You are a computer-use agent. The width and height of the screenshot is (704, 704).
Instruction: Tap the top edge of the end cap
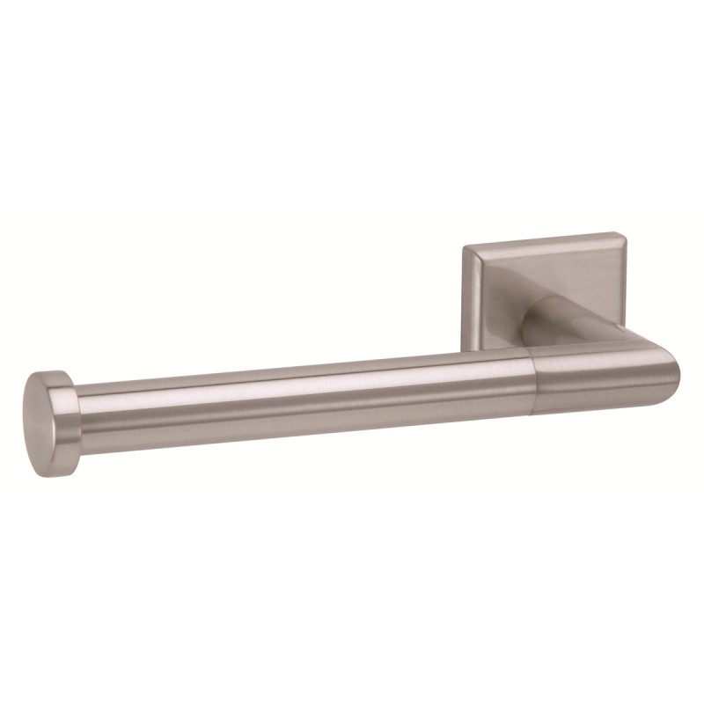point(40,373)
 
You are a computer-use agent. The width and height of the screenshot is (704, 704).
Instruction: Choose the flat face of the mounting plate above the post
point(546,273)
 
